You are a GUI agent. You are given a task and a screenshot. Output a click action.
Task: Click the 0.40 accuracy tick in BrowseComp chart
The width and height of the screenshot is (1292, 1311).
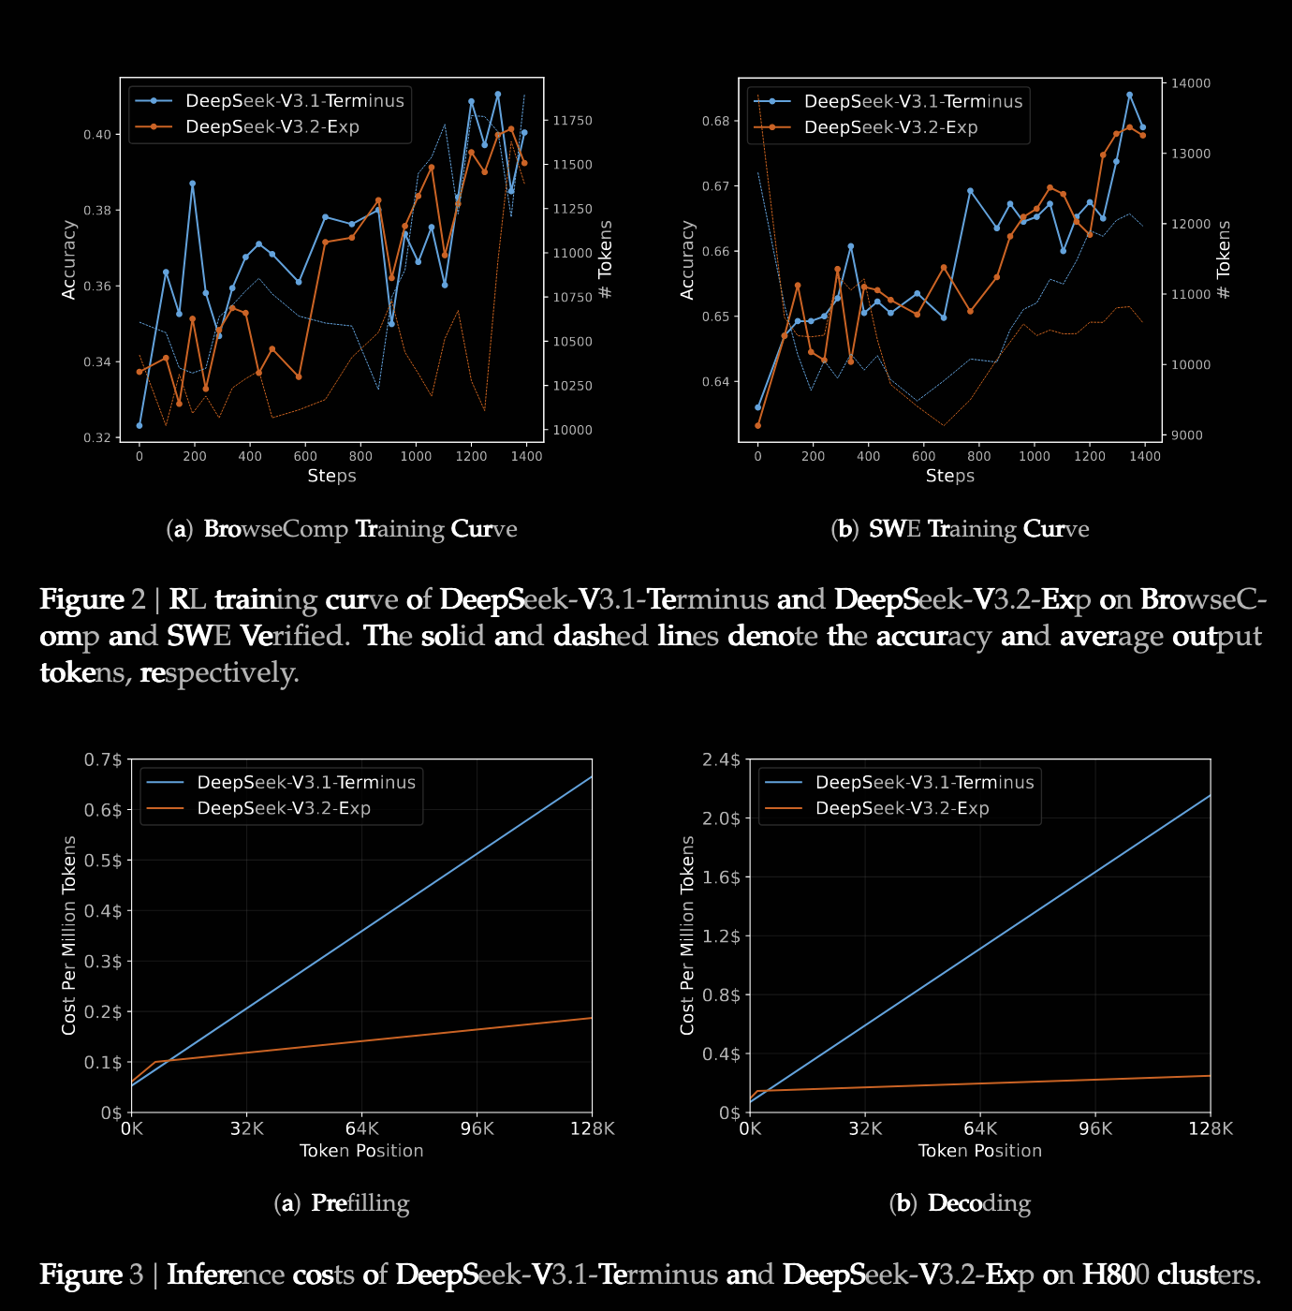(x=96, y=135)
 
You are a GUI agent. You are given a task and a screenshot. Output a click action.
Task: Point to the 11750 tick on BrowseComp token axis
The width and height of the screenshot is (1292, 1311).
(x=572, y=121)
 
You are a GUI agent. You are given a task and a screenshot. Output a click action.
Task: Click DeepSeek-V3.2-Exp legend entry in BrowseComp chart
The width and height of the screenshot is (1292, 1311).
(x=272, y=127)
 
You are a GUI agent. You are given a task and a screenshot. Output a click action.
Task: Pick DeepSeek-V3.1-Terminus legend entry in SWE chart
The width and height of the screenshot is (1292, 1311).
(x=913, y=101)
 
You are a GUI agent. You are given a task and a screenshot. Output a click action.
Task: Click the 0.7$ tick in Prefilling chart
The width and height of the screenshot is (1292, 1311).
(x=103, y=759)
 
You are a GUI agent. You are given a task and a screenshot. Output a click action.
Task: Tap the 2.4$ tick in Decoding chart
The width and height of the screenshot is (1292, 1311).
(x=721, y=759)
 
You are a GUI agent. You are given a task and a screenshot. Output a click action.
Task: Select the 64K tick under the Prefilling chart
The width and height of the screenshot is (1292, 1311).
(x=361, y=1128)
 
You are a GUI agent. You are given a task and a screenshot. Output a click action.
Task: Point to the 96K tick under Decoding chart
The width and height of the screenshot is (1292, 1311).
(x=1095, y=1128)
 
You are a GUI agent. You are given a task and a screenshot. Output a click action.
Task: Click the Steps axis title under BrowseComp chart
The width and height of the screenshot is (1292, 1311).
(x=331, y=476)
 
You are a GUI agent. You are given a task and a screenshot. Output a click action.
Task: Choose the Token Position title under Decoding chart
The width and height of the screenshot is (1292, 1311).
(x=979, y=1151)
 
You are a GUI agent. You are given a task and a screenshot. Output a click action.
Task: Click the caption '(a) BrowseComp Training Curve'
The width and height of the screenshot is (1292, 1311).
(x=342, y=529)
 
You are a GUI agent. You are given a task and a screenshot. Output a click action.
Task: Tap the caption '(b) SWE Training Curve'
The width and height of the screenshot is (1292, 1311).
(x=960, y=529)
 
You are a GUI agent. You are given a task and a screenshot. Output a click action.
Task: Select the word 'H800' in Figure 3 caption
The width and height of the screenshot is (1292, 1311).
(x=1115, y=1274)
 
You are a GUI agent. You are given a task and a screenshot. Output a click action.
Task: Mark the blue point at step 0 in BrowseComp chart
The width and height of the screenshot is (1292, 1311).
(x=139, y=426)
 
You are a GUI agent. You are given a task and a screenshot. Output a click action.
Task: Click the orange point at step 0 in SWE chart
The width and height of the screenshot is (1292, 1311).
(x=757, y=426)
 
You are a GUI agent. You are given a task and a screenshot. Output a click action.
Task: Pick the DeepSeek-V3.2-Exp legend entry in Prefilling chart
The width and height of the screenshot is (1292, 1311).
(x=283, y=808)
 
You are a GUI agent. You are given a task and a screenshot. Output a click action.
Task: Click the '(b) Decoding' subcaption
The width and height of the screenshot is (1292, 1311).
(x=960, y=1203)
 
